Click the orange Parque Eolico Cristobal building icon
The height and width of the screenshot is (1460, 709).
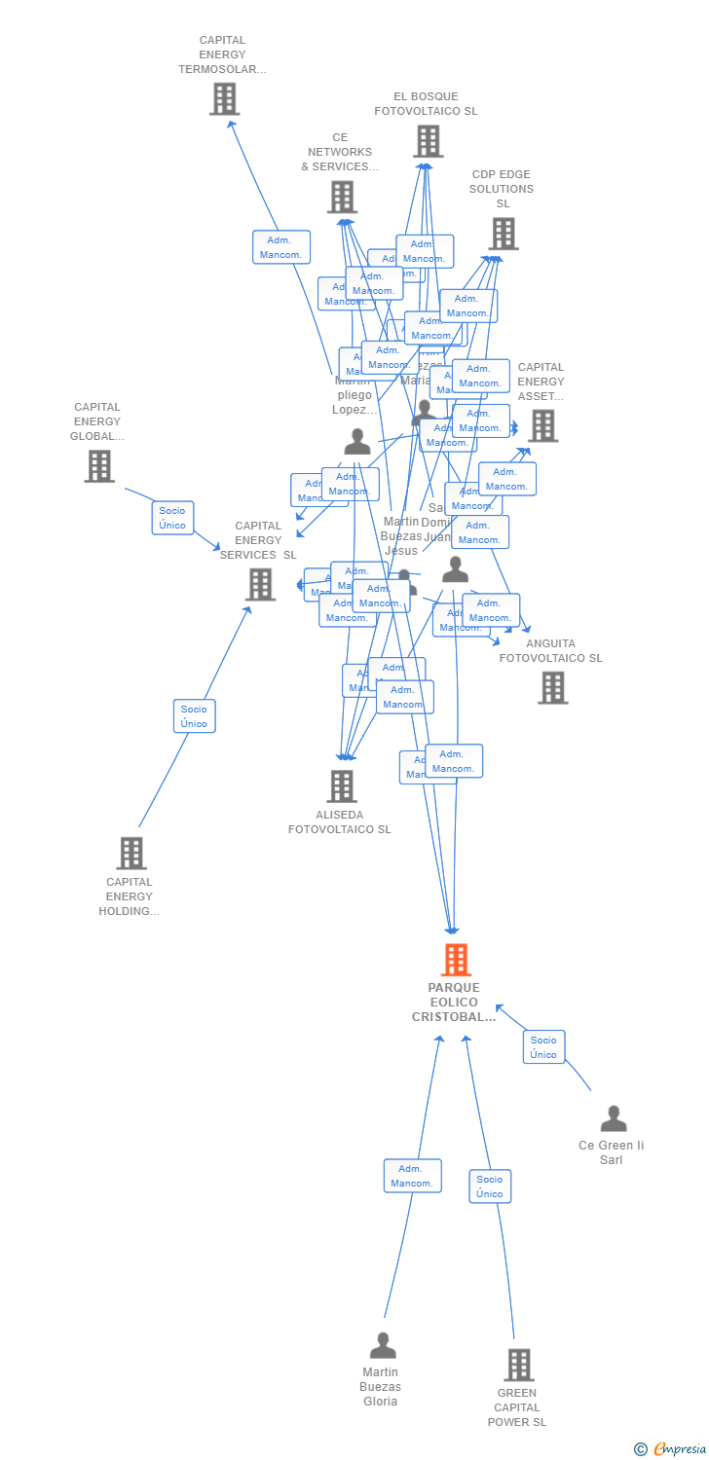[456, 960]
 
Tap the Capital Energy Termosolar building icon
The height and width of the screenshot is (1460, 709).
[224, 98]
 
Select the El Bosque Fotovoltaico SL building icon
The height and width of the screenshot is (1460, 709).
[428, 141]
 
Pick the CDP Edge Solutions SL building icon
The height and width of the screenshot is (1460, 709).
[504, 234]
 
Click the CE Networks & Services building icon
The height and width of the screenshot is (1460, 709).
[342, 197]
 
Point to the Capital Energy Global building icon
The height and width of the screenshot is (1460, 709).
[99, 466]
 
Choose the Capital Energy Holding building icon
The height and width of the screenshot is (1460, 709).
[131, 853]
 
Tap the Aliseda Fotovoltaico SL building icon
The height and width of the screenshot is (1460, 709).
[342, 785]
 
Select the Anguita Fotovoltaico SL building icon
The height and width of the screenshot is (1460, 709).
[552, 687]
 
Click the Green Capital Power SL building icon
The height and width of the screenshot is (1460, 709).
[519, 1365]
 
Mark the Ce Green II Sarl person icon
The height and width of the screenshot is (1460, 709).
[613, 1118]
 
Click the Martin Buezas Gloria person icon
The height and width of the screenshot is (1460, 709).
[383, 1345]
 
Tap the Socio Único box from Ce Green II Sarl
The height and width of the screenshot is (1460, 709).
[543, 1047]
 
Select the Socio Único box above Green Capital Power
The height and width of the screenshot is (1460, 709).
[490, 1186]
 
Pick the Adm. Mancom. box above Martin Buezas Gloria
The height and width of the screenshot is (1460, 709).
[412, 1176]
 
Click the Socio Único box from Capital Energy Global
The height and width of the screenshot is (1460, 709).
[172, 518]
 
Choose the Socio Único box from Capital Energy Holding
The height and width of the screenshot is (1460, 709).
[194, 716]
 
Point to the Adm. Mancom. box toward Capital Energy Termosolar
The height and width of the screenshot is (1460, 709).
[281, 247]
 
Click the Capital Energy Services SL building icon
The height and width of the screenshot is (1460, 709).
[260, 584]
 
